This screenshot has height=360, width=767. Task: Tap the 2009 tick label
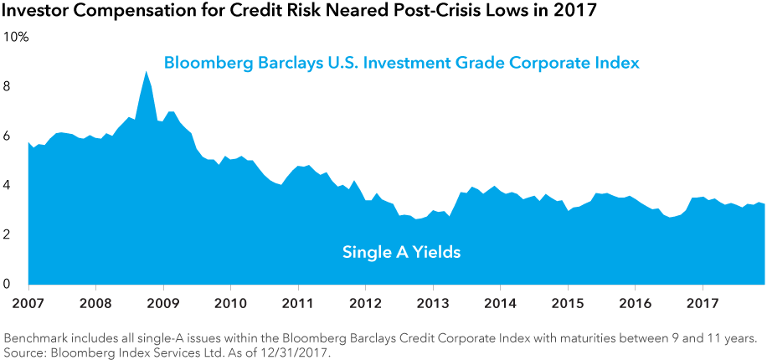click(x=162, y=301)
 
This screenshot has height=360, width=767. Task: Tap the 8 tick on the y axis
click(x=8, y=87)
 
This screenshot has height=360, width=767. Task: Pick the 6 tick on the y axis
click(x=8, y=136)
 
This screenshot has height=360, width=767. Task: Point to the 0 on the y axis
click(x=8, y=285)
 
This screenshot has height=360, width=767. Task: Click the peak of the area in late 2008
click(x=147, y=72)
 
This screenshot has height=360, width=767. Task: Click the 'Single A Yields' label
click(x=401, y=251)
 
